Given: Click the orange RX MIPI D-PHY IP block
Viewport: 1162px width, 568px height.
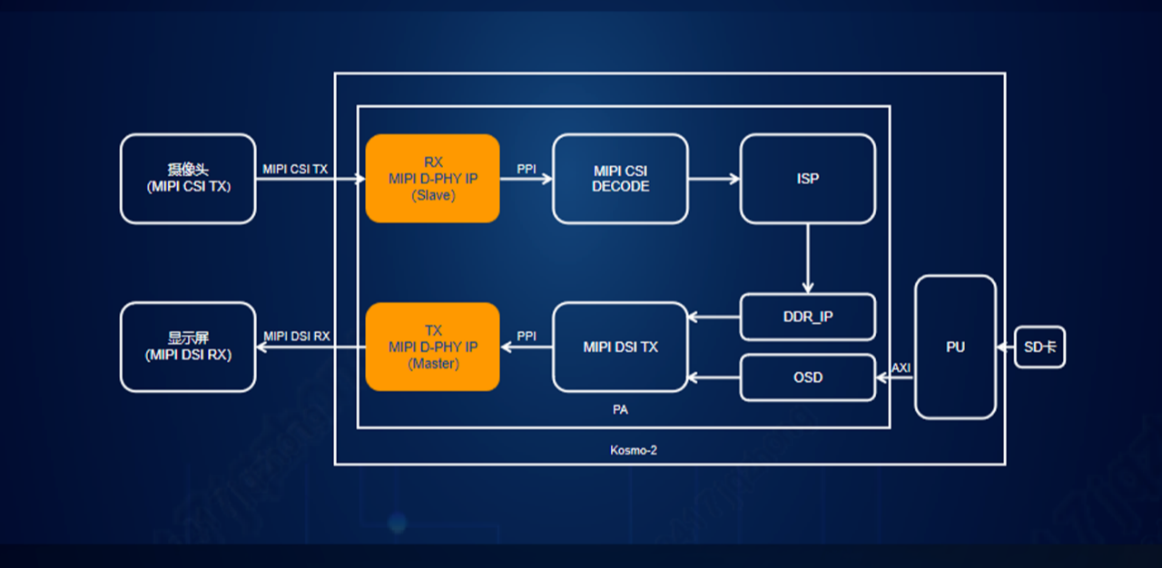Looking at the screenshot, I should (432, 178).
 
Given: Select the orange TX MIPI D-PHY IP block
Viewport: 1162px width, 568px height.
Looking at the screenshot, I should (432, 347).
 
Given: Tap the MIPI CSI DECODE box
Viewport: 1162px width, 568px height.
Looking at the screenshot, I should (620, 179).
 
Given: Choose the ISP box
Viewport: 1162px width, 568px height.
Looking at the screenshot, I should (807, 179).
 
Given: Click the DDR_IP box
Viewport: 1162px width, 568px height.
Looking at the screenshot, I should (807, 318).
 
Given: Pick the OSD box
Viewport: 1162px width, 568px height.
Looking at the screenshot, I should (807, 377).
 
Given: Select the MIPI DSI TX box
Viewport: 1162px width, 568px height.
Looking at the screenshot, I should (620, 347).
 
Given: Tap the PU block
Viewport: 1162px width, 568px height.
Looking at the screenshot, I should (955, 347).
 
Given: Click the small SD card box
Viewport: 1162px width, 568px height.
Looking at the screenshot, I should (1039, 347).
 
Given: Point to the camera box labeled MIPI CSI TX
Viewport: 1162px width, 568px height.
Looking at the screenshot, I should (188, 179).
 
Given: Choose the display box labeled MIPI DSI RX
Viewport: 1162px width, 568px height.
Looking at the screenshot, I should (188, 347).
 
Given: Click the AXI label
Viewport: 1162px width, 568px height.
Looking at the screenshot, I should (901, 367).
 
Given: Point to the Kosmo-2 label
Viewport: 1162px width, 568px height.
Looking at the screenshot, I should (634, 449).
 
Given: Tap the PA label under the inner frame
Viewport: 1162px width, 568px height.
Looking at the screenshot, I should (620, 409).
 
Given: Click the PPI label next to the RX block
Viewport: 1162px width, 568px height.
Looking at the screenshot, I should (527, 168).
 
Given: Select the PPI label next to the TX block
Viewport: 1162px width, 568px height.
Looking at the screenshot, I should (527, 336).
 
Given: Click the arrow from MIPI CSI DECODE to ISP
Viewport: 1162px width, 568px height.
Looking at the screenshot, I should (714, 179).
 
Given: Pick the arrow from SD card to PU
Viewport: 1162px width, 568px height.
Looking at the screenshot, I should (1005, 347).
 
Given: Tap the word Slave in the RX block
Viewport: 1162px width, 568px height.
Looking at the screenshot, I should (432, 194).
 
